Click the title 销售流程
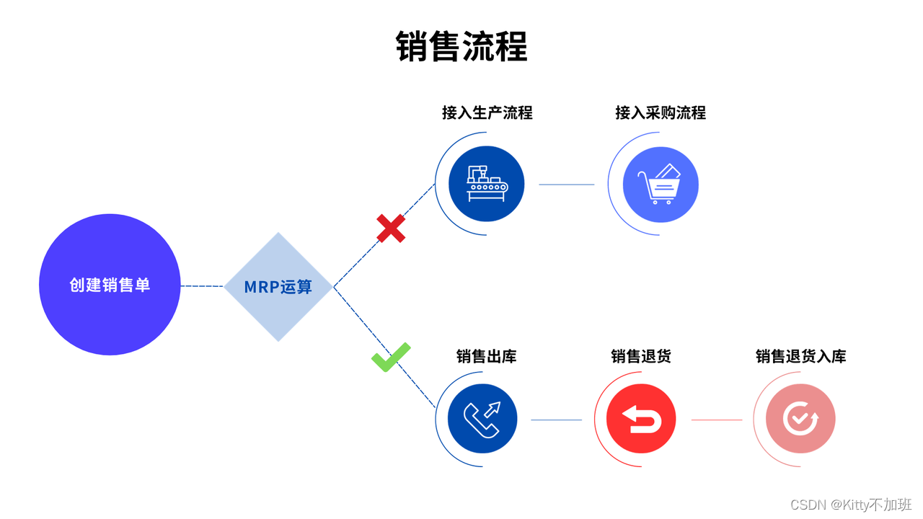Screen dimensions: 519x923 coord(461,47)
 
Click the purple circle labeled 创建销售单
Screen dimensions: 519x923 coord(110,285)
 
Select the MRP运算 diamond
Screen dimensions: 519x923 coord(278,287)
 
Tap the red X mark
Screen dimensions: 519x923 coord(391,229)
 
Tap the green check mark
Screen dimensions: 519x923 coord(391,357)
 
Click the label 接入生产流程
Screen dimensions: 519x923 coord(487,112)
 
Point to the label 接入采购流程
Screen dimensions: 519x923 coord(661,112)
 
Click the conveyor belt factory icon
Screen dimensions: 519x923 coord(487,184)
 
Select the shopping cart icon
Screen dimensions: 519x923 coord(660,184)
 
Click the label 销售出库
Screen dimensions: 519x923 coord(487,356)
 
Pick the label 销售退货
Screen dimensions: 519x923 coord(641,356)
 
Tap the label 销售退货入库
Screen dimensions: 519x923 coord(800,356)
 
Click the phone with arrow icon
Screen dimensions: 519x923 coord(482,420)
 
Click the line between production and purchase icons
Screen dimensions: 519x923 coord(567,185)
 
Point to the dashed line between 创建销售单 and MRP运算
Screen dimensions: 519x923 coord(202,286)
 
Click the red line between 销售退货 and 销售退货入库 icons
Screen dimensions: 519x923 coord(717,420)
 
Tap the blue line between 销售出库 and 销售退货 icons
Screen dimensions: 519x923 coord(556,420)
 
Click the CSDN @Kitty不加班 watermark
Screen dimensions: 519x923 coord(851,505)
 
